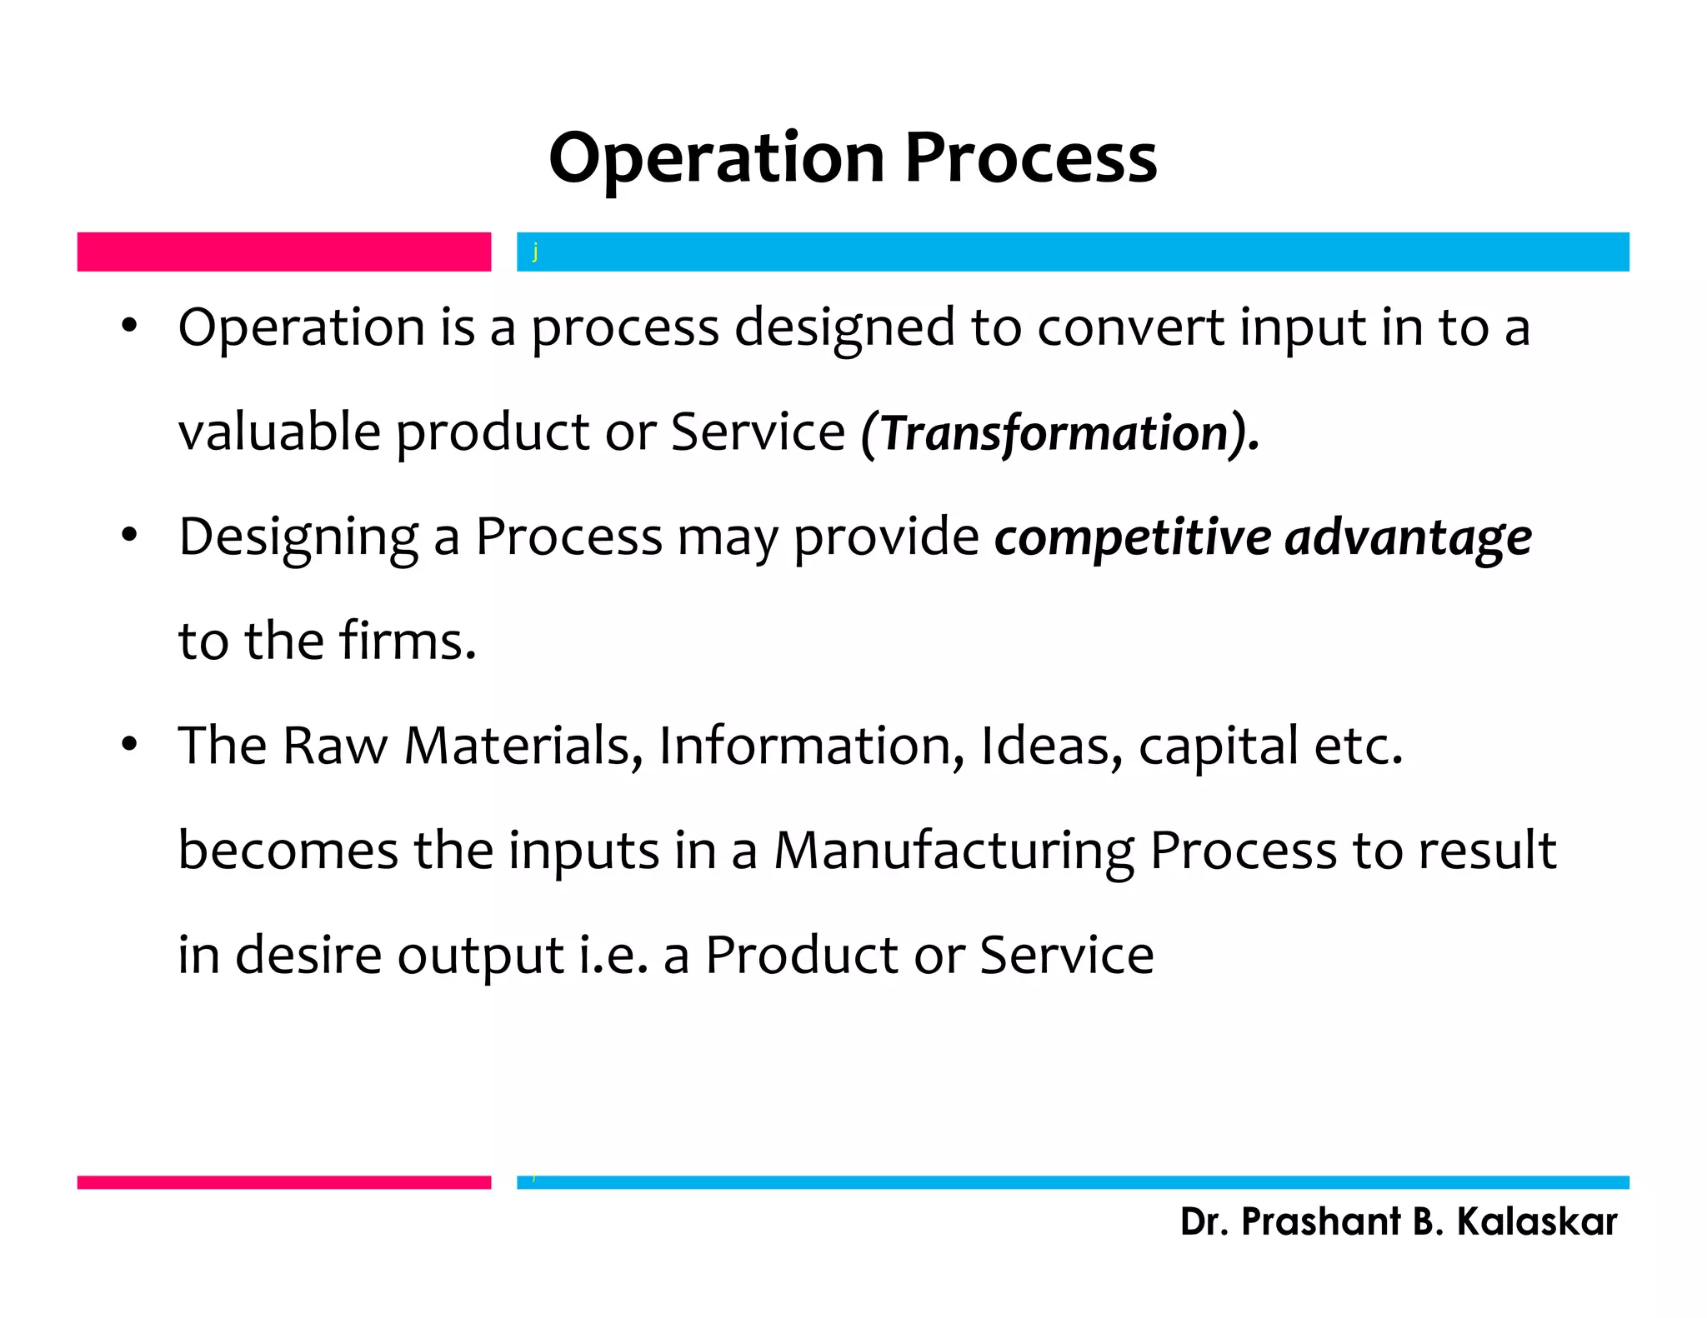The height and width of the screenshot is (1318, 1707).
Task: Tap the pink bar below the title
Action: [283, 252]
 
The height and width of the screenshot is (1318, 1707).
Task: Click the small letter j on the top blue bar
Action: [535, 252]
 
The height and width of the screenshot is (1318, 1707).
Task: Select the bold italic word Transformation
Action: [1054, 434]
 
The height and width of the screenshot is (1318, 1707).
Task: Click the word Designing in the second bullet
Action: [298, 537]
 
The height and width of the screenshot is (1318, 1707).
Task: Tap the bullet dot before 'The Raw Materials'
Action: [128, 744]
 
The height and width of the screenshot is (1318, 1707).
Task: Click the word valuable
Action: [279, 432]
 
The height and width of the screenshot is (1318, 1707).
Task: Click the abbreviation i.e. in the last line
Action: [613, 955]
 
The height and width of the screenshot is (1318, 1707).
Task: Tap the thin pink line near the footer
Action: [283, 1182]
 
